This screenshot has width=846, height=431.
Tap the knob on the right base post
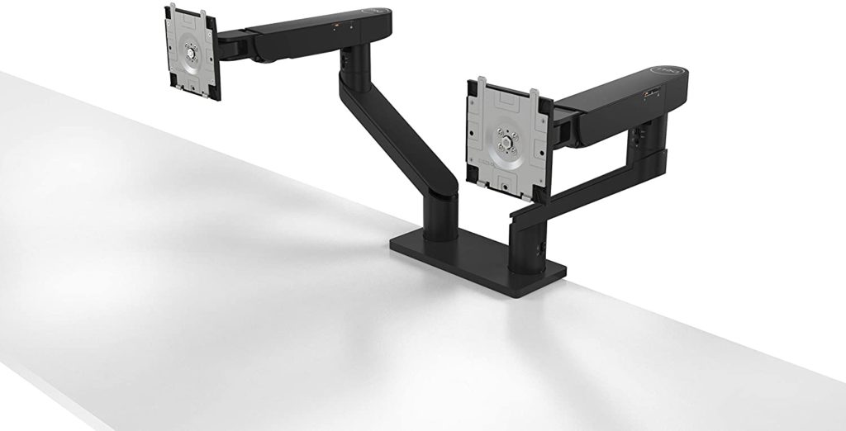[x=544, y=247]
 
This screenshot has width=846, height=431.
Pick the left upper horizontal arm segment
[x=322, y=33]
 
